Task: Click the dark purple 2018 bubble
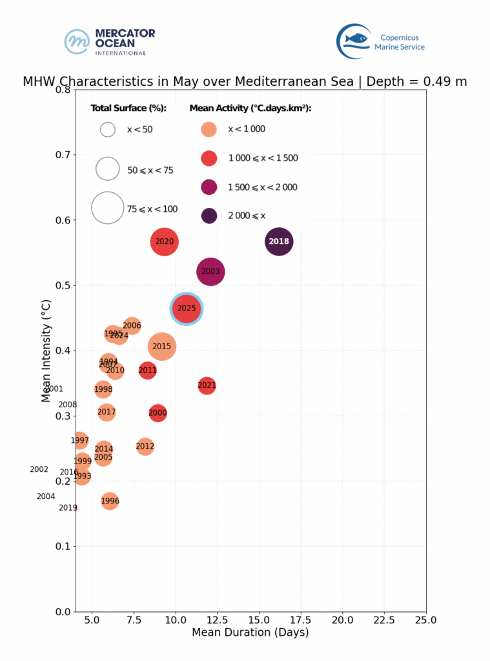(279, 242)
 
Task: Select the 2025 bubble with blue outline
(187, 309)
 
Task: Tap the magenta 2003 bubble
(210, 272)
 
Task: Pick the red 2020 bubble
(165, 242)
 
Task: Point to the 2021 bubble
(207, 386)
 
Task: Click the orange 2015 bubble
(162, 347)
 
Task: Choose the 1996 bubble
(110, 501)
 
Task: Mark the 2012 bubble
(145, 446)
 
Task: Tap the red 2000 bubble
(158, 413)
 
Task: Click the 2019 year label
(68, 508)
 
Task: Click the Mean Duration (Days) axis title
(250, 633)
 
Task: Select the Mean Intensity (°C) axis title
(46, 351)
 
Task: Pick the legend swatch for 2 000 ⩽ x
(209, 216)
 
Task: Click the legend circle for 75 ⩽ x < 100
(108, 208)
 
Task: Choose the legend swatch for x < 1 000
(209, 129)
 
